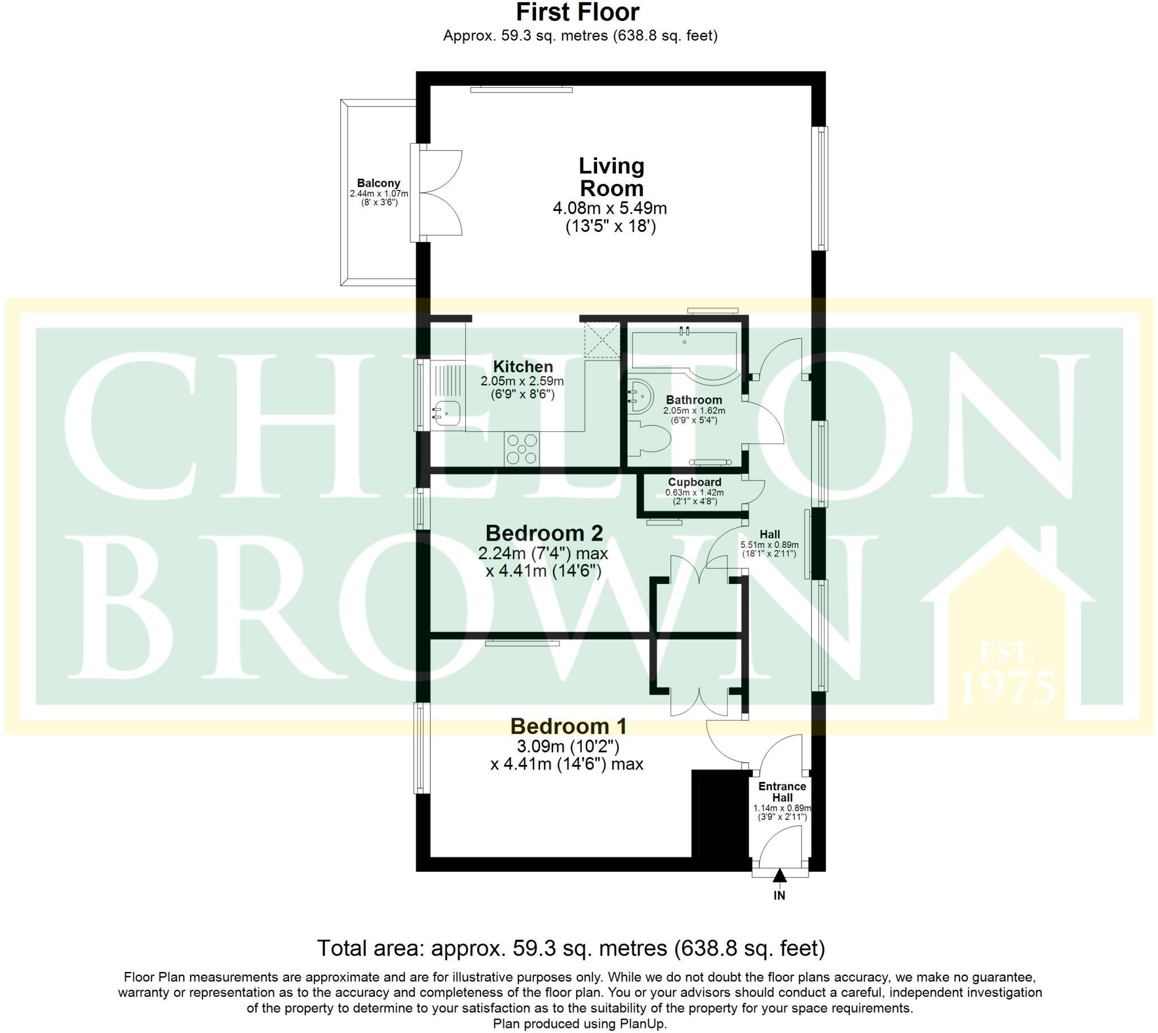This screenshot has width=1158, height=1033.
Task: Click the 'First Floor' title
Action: coord(578,12)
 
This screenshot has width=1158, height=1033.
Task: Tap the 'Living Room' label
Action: coord(611,177)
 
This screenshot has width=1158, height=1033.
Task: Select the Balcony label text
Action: coord(378,183)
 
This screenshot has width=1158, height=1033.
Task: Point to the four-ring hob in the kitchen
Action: coord(522,449)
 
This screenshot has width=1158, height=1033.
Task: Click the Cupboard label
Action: coord(694,482)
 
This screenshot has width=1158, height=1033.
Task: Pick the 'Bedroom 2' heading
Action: coord(544,534)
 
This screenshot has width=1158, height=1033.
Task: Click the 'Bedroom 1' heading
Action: coord(568,727)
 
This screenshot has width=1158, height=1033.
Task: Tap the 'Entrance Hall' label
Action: coord(781,792)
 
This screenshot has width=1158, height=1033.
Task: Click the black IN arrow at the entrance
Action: coord(779,876)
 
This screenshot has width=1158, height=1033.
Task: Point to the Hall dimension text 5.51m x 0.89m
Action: coord(769,546)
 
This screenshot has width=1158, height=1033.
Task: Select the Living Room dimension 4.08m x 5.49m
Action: coord(610,208)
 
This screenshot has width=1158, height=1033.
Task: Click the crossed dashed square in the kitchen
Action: coord(602,339)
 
